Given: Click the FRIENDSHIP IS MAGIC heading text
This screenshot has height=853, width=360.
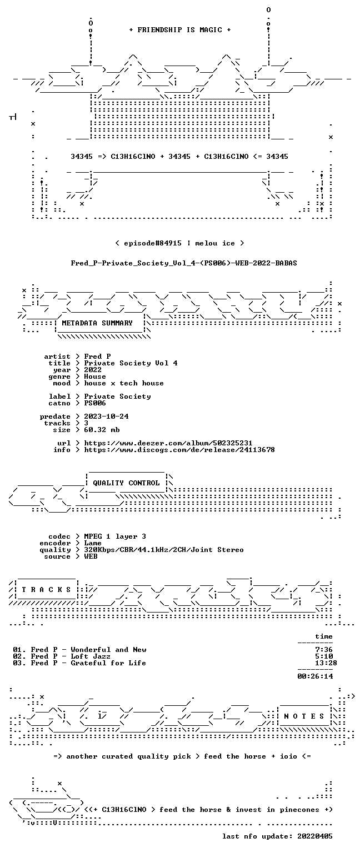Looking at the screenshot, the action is (x=180, y=30).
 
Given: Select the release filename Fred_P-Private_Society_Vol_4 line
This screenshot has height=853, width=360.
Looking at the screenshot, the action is (x=184, y=263).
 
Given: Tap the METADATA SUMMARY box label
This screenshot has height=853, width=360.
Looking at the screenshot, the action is (x=97, y=323).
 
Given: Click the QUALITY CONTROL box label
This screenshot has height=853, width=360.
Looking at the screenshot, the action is (x=126, y=483).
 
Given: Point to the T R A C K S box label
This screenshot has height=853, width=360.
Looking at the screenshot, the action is (x=46, y=590).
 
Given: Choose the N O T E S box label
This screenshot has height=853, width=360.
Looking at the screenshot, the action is (x=304, y=716).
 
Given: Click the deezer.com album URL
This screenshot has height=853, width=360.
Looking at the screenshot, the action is (x=168, y=443).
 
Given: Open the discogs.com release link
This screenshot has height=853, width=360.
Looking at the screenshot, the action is (x=179, y=450).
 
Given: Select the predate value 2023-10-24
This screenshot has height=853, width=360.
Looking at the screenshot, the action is (x=106, y=417).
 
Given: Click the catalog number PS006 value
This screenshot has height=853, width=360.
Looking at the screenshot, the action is (x=95, y=403).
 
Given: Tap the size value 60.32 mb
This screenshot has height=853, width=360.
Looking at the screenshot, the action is (x=102, y=430).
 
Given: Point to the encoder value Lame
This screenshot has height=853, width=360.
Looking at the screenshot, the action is (x=93, y=544).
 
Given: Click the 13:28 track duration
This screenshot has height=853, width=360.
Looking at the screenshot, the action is (x=326, y=664).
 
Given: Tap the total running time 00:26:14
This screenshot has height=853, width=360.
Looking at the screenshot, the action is (x=315, y=677).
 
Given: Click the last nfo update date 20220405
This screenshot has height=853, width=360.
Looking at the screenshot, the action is (x=315, y=837).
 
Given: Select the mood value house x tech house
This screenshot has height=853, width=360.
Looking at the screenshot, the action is (x=124, y=384).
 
